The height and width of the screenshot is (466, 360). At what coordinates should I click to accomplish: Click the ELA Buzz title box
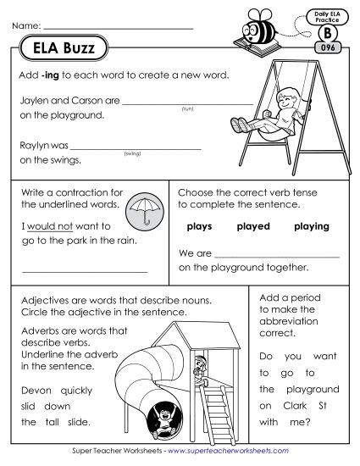click(62, 48)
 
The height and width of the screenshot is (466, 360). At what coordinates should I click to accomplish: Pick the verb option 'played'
click(252, 227)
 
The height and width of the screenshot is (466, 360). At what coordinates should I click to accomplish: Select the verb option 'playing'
click(310, 227)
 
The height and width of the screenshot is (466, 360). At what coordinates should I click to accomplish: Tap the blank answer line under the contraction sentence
click(85, 271)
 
